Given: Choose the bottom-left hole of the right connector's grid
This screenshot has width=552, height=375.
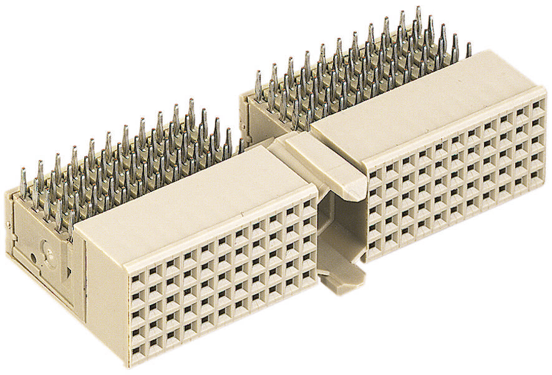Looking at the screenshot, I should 374,247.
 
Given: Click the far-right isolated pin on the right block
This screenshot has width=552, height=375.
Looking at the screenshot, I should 469,49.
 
